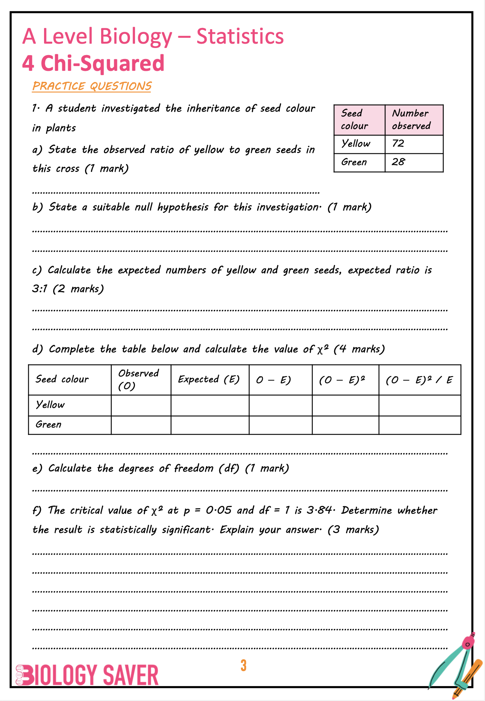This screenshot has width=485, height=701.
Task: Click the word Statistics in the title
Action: click(240, 37)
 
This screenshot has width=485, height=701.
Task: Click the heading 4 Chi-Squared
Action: click(93, 63)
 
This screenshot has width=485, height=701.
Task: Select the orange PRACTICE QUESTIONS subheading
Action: click(92, 86)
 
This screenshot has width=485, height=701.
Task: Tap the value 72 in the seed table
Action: click(398, 144)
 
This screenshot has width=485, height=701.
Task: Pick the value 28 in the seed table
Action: click(398, 162)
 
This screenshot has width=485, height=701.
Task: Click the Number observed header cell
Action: click(411, 120)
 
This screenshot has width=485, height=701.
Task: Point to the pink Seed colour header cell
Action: click(355, 120)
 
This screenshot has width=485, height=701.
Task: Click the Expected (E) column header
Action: click(209, 380)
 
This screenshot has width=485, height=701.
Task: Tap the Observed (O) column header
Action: click(139, 380)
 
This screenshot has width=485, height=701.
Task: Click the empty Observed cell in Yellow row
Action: click(141, 406)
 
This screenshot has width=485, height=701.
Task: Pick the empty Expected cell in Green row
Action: click(210, 425)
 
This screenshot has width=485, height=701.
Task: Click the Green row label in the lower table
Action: click(49, 425)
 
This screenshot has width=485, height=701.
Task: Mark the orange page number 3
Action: click(243, 666)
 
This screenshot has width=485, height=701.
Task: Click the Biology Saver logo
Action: click(87, 675)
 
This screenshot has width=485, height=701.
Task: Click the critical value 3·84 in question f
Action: click(319, 511)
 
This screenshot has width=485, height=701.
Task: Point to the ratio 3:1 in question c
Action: click(39, 289)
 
